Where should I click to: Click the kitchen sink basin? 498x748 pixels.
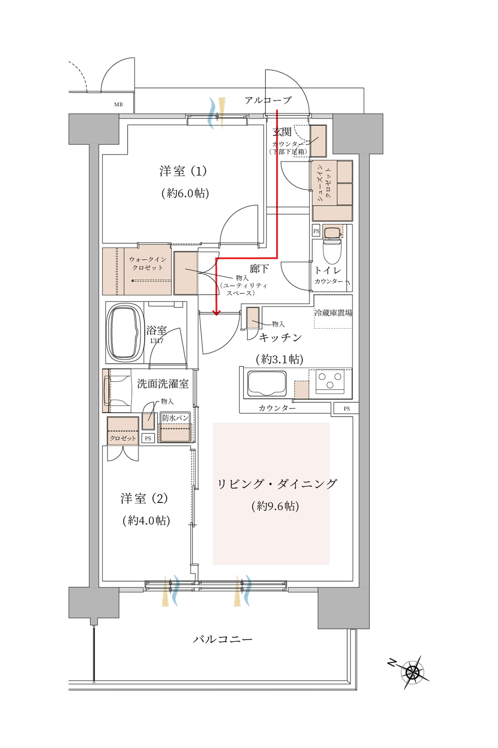(x=266, y=384)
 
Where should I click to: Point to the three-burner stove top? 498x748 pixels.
(x=330, y=381)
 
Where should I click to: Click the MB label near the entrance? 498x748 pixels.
(x=118, y=104)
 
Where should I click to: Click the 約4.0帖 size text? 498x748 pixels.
(x=146, y=520)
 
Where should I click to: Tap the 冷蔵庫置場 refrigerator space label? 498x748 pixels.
(x=333, y=313)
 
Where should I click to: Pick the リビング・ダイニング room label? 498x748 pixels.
(x=276, y=484)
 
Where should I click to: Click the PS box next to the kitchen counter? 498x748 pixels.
(x=347, y=408)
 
